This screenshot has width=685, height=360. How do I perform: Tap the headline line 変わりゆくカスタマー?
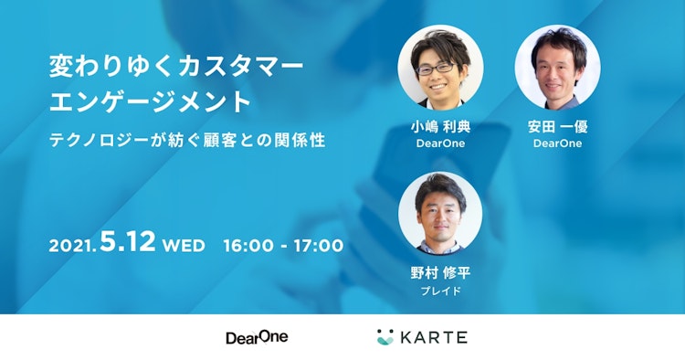(175, 68)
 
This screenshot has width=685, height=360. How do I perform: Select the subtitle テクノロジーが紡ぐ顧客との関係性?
(187, 143)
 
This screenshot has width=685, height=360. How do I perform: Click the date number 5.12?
(127, 244)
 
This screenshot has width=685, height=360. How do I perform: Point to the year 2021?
(72, 247)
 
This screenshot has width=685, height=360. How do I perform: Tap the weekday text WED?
(184, 246)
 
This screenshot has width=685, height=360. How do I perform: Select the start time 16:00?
(248, 246)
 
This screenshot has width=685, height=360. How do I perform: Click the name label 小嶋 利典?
(440, 127)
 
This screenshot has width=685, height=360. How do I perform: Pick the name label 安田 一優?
(557, 127)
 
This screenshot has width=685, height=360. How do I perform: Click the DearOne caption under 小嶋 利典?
(440, 143)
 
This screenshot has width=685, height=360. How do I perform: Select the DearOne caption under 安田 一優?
(557, 143)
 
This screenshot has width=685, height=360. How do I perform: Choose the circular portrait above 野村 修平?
(440, 216)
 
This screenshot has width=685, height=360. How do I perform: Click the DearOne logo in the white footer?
(257, 337)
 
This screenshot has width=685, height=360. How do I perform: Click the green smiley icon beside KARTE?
(385, 337)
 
